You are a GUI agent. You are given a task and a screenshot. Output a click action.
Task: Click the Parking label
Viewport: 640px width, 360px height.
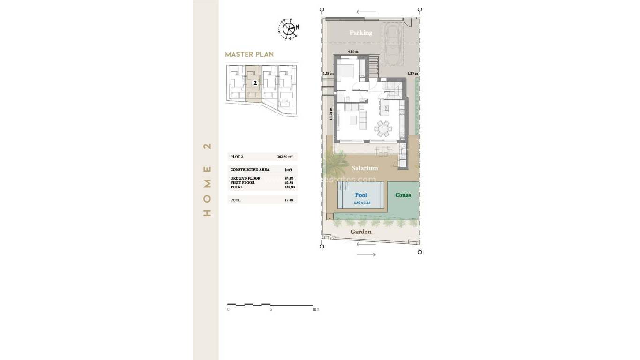(361, 33)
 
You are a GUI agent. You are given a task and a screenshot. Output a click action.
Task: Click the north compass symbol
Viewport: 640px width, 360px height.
(288, 28)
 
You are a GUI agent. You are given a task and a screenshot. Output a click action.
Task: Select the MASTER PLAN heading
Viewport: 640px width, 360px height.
(249, 55)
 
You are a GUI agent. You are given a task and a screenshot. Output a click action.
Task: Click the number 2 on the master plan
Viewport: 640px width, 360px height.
(255, 83)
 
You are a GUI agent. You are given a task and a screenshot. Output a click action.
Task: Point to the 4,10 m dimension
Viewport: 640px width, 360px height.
(353, 52)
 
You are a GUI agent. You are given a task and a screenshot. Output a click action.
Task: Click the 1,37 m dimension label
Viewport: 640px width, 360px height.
(412, 74)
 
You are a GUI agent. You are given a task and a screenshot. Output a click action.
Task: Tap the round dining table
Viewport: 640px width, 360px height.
(384, 128)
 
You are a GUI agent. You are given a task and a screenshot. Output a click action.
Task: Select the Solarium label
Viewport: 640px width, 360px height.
(365, 168)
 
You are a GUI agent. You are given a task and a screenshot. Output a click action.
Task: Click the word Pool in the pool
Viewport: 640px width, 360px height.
(361, 195)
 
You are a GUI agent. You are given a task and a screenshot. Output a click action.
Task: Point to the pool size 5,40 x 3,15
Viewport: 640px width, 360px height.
(361, 203)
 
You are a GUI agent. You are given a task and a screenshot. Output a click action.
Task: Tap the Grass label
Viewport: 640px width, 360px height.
(403, 195)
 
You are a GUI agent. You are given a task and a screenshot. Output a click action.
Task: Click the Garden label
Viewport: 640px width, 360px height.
(361, 232)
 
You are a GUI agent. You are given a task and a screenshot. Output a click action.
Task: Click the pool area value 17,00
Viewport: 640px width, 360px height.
(289, 200)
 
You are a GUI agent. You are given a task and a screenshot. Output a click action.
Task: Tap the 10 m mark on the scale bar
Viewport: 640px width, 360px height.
(315, 310)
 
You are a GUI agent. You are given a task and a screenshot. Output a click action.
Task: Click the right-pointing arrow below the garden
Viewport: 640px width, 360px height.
(366, 255)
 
